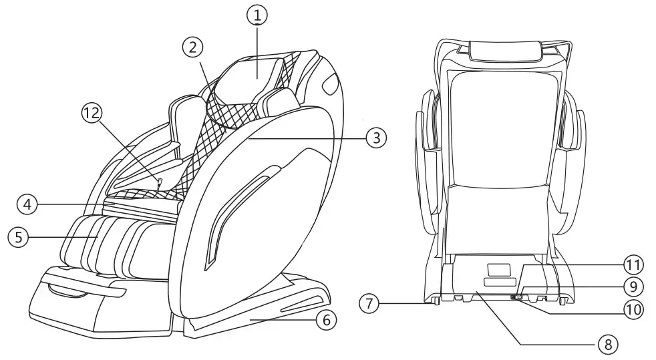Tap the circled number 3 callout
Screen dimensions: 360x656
tap(376, 138)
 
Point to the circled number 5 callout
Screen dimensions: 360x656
tap(18, 236)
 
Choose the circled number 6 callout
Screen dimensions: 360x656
tap(325, 321)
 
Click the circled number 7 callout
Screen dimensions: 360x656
tap(369, 303)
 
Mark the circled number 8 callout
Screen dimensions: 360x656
tap(607, 345)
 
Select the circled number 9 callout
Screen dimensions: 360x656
tap(633, 287)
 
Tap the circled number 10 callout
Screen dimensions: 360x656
tap(633, 309)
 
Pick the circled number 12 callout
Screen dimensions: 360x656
tap(92, 114)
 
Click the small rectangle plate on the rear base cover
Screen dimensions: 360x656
tap(498, 269)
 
